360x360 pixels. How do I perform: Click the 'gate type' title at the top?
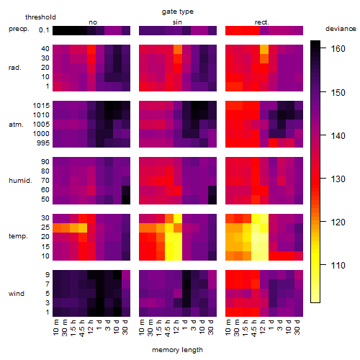(178, 12)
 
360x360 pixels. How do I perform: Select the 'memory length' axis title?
(177, 350)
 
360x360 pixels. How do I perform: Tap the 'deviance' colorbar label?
(341, 29)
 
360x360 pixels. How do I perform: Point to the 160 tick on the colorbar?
(338, 49)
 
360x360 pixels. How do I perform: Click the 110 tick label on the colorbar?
(338, 265)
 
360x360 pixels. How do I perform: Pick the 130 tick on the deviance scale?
(338, 179)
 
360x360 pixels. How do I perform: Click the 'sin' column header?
(177, 22)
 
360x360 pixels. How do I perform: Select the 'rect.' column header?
(262, 22)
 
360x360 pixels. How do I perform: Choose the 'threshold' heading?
(40, 17)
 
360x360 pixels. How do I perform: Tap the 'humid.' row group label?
(20, 181)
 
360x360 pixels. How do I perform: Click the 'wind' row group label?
(17, 294)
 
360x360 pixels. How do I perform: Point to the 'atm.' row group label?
(16, 125)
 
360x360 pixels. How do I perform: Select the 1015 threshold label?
(41, 106)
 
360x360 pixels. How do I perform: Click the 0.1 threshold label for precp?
(44, 30)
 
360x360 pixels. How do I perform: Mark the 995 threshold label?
(43, 143)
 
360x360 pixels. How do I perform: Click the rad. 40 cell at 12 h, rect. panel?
(264, 49)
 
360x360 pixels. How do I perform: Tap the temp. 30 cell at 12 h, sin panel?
(178, 218)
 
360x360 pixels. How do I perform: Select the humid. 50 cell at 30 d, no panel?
(126, 199)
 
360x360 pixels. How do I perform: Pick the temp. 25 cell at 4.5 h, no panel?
(83, 228)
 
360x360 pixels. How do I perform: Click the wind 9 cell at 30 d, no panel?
(126, 274)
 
